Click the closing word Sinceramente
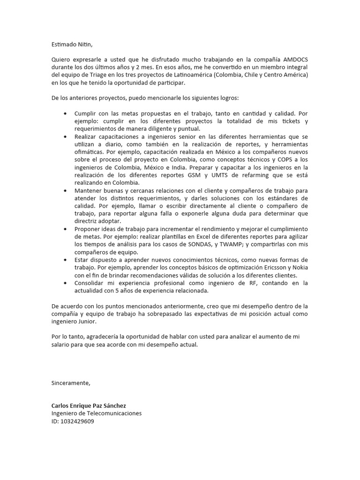[70, 383]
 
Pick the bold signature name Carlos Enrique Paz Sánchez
[89, 405]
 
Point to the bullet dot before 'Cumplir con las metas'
[65, 114]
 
